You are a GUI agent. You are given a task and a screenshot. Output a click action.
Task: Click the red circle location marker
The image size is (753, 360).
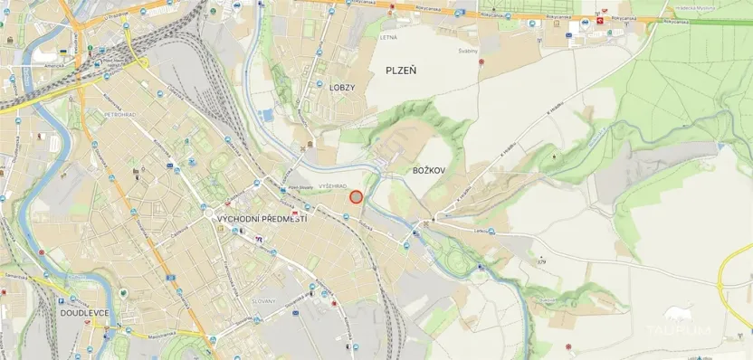coord(357,196)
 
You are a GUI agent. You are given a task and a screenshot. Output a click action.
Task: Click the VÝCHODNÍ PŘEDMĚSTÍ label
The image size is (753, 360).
coord(262,220)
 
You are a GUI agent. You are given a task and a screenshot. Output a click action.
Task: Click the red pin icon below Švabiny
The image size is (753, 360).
coord(482,63)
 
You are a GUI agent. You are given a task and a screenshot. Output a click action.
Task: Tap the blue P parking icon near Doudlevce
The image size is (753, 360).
coord(61,300)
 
